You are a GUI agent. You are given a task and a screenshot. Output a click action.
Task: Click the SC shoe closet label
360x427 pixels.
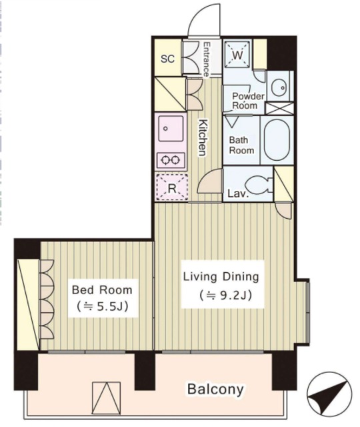167,59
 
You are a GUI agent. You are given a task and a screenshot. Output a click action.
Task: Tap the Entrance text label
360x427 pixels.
207,59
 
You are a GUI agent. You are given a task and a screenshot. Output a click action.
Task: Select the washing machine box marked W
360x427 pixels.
237,53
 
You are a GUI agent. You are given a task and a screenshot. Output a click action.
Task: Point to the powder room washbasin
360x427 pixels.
279,87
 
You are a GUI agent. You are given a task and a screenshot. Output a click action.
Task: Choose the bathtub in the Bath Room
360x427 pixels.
277,140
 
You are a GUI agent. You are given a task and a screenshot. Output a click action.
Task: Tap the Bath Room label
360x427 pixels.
241,145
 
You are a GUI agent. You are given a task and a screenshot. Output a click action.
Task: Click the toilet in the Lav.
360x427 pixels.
258,184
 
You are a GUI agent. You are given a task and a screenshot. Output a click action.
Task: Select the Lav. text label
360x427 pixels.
238,193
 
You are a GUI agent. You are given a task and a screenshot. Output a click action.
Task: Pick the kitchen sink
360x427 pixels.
171,128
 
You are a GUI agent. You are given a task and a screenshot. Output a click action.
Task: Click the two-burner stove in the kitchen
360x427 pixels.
171,160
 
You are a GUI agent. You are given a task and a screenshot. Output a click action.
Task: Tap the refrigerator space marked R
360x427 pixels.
171,187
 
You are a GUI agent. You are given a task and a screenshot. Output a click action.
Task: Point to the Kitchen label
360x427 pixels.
202,137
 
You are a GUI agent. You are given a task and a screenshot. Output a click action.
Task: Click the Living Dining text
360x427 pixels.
221,277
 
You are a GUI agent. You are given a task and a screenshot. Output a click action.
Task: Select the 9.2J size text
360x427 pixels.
225,295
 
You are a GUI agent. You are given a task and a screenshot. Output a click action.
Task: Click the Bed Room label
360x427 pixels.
102,290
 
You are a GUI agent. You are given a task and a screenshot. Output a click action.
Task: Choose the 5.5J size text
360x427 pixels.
102,307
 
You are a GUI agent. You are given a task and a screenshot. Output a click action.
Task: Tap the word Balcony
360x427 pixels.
215,389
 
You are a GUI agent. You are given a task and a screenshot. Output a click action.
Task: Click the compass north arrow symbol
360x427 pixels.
329,394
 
